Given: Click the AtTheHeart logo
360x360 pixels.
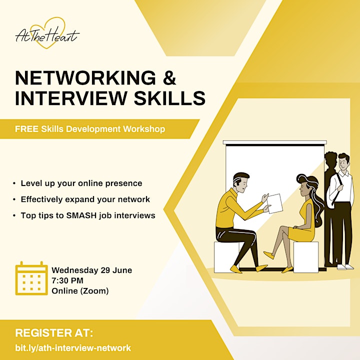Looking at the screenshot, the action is point(47,33).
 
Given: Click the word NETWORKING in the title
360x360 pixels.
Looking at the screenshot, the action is point(85,78).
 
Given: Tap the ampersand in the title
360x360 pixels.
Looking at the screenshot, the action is point(169,78).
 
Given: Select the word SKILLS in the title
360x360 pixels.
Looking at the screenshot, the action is point(169,98).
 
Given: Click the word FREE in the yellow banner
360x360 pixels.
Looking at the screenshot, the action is point(26,129).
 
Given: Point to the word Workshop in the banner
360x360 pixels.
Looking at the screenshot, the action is point(144,129).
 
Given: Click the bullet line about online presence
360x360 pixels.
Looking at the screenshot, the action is point(81,183).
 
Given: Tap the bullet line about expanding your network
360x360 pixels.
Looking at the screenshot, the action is point(85,199).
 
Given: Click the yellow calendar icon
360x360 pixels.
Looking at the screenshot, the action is point(31,278).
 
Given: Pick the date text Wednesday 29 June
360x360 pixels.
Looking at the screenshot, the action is point(92,270).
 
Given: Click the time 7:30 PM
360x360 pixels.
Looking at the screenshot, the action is point(67,280).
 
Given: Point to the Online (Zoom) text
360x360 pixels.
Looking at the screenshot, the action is point(80,291).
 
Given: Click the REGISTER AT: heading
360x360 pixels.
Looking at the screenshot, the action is point(54,333).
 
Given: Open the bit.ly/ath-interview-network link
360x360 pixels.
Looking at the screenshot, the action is point(73,348).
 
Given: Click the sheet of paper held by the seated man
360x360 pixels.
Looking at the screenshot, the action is point(275,203).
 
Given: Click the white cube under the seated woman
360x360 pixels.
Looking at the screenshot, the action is point(306,257).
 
